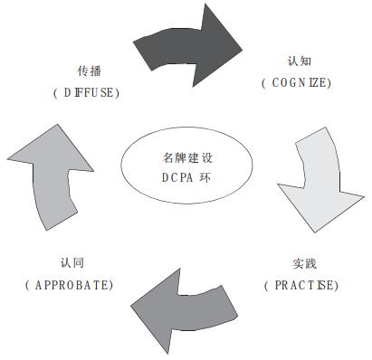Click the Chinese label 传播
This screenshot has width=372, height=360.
point(88,71)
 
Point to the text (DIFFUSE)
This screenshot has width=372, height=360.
point(87,92)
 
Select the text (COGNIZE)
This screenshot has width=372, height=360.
point(295,83)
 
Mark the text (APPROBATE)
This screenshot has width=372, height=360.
point(70,285)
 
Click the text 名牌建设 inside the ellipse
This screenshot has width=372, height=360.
point(181,155)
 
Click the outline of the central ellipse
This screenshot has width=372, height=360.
point(121,163)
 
